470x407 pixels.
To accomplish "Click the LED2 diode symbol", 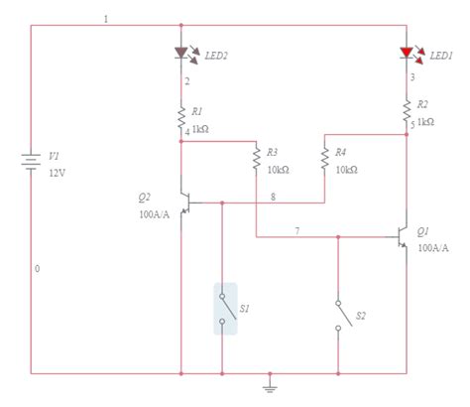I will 181,54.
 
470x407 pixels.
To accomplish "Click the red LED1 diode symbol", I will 406,54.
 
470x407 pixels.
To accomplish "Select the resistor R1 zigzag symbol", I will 181,115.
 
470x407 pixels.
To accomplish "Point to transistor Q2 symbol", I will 184,203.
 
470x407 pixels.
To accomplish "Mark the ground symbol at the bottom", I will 269,383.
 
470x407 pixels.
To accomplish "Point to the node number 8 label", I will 275,197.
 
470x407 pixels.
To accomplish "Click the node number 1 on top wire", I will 106,20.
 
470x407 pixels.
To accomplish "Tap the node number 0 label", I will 38,269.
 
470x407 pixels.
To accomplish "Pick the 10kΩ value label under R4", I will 346,170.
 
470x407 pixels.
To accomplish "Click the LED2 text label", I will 216,56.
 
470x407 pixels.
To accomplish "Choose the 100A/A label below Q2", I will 156,212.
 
